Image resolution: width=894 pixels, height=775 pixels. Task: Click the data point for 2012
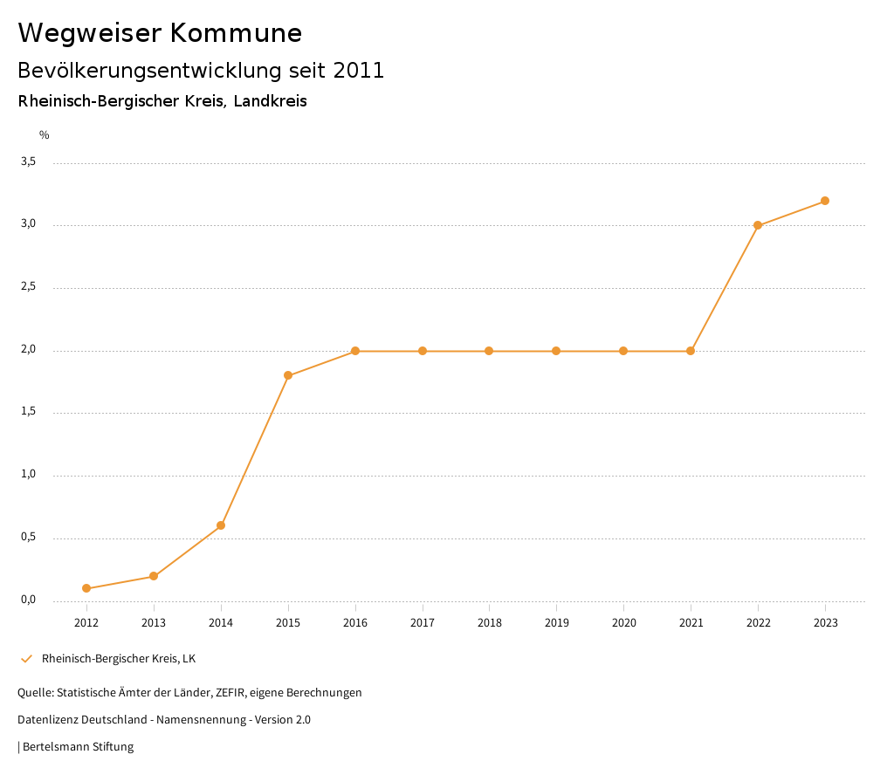click(x=86, y=588)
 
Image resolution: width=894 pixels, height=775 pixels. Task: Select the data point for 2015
click(x=288, y=376)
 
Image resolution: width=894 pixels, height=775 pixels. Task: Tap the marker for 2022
click(x=758, y=225)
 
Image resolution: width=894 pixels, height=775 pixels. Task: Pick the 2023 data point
click(x=825, y=201)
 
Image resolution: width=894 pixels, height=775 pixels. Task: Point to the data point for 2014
click(x=221, y=525)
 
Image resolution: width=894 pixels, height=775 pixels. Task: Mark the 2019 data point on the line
click(x=556, y=351)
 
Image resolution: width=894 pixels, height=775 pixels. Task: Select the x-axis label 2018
click(x=489, y=622)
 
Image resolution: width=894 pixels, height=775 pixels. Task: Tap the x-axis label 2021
click(x=691, y=622)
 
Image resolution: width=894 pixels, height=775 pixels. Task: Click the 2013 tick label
click(x=154, y=622)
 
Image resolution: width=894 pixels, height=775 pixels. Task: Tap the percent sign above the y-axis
click(x=45, y=135)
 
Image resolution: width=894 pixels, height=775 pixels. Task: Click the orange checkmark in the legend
click(x=26, y=659)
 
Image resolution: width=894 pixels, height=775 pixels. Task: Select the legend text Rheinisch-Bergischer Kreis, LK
click(x=119, y=659)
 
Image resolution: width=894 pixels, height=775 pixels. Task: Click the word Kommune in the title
click(x=236, y=33)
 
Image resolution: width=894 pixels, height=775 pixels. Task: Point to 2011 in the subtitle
click(x=358, y=71)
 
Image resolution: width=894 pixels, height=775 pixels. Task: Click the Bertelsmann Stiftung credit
click(x=78, y=747)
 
